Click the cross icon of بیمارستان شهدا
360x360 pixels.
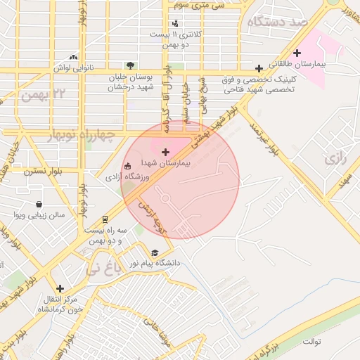[165, 151]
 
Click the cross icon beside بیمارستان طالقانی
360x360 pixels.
[297, 53]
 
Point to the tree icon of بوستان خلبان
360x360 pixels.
[128, 65]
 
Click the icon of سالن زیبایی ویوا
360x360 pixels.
[18, 214]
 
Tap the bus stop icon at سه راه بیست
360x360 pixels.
[105, 219]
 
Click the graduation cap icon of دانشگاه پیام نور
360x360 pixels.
[154, 252]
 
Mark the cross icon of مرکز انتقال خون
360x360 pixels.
[60, 288]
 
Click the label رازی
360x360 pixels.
[336, 159]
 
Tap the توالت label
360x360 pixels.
[311, 342]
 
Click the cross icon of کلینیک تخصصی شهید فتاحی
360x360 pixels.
[259, 68]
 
